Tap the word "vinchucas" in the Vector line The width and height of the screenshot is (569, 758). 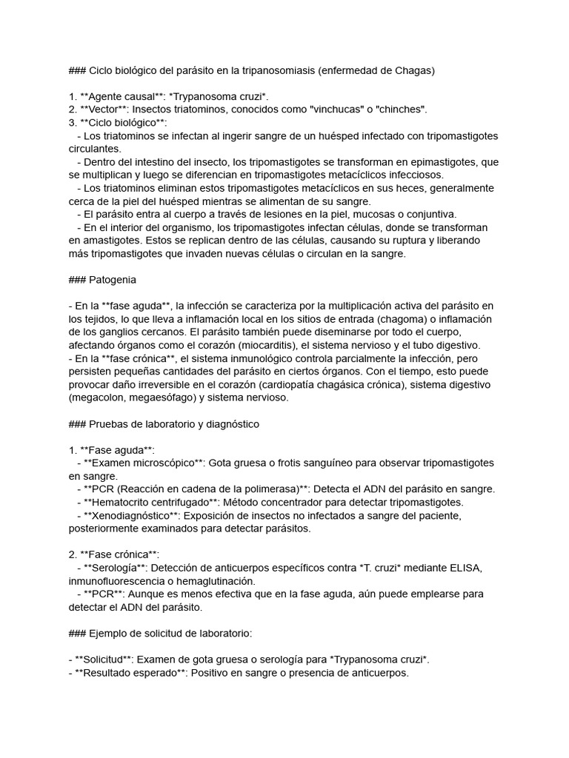[340, 110]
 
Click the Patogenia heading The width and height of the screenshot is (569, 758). [113, 280]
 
